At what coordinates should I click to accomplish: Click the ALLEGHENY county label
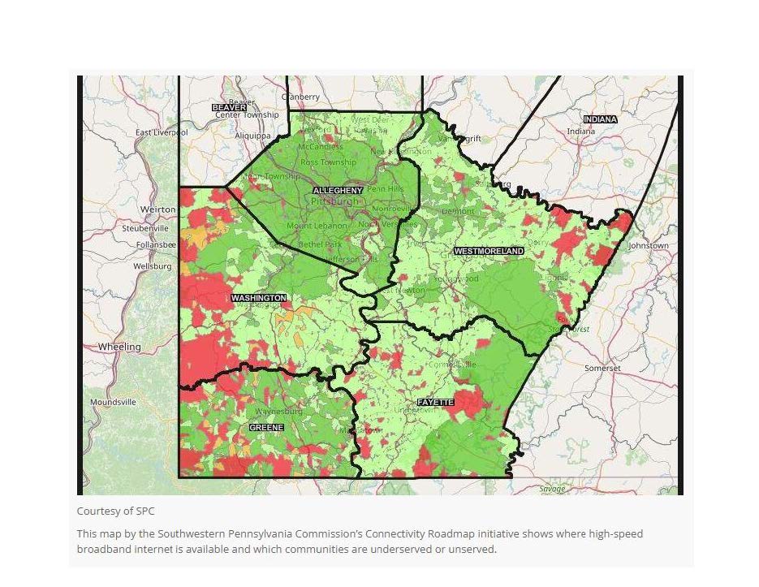[x=338, y=190]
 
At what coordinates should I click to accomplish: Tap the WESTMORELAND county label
[x=489, y=252]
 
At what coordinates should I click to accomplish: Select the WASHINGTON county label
[x=258, y=298]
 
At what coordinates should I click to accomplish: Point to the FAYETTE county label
[x=435, y=403]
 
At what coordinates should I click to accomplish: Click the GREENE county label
[x=266, y=427]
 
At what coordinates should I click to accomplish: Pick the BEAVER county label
[x=228, y=107]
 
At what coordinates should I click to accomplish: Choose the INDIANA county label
[x=599, y=119]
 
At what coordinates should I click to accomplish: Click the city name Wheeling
[x=119, y=347]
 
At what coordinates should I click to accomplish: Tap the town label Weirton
[x=157, y=209]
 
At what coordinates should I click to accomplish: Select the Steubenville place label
[x=145, y=229]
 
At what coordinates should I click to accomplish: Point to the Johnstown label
[x=648, y=245]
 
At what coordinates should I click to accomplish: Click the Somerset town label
[x=602, y=368]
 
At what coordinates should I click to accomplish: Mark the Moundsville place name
[x=113, y=402]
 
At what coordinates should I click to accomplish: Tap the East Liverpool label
[x=162, y=132]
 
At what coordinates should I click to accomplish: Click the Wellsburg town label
[x=153, y=266]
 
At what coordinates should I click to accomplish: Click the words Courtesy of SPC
[x=115, y=511]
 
